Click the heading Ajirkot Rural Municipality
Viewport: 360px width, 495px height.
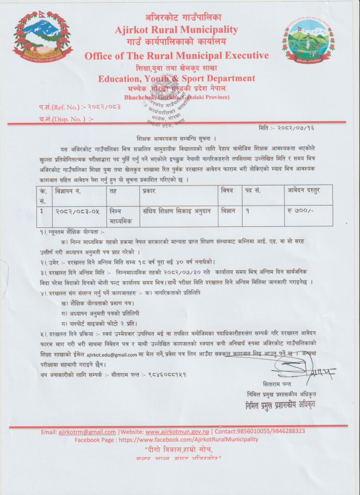click(x=176, y=29)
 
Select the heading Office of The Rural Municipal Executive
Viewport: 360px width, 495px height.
click(x=176, y=56)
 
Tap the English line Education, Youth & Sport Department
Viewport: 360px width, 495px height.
click(x=176, y=78)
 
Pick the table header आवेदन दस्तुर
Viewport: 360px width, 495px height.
click(x=305, y=191)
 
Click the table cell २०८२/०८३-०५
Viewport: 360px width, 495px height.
click(x=77, y=210)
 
